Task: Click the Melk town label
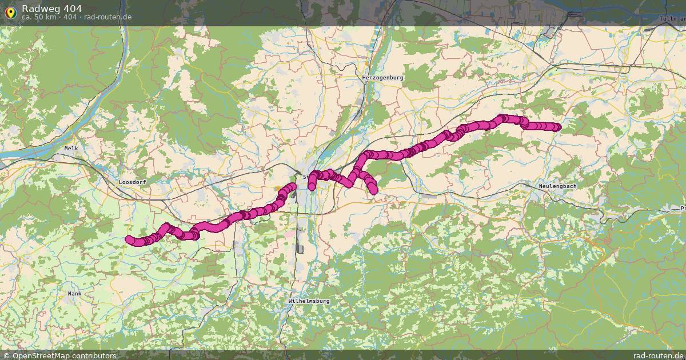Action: [x=71, y=148]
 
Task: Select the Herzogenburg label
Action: [x=382, y=77]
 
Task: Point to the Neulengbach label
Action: [x=557, y=186]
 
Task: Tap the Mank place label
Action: [x=74, y=293]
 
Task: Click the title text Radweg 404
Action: [x=51, y=9]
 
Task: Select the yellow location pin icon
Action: [x=10, y=13]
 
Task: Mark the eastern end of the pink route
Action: [x=557, y=127]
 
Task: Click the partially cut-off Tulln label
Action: [x=673, y=19]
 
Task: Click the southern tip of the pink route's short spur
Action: [x=374, y=191]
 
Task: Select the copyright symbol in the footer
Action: [x=5, y=355]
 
